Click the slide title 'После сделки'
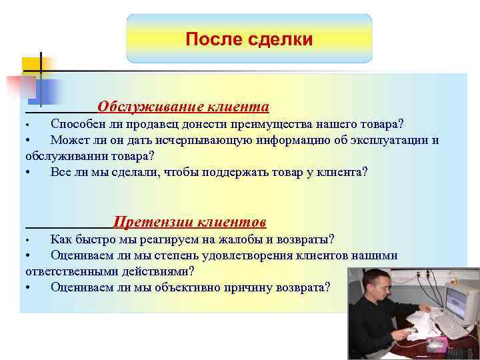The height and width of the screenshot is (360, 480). click(249, 39)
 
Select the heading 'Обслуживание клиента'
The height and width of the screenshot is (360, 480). click(183, 107)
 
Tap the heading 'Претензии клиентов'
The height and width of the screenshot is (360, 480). click(190, 221)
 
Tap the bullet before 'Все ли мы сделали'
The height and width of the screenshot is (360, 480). click(27, 173)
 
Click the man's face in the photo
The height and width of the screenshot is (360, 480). click(377, 286)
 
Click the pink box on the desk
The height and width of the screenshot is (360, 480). click(438, 344)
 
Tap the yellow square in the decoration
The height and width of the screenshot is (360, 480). click(31, 65)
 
